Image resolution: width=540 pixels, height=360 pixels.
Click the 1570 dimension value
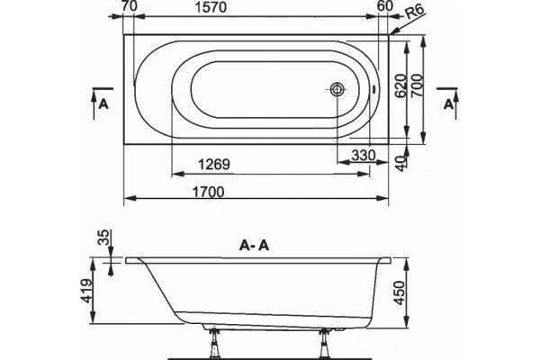pyautogui.click(x=211, y=7)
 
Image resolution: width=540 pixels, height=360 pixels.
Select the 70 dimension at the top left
pyautogui.click(x=129, y=6)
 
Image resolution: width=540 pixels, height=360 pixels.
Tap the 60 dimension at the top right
pyautogui.click(x=385, y=6)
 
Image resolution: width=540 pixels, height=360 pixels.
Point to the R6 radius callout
pyautogui.click(x=414, y=13)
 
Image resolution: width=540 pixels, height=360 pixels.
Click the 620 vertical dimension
pyautogui.click(x=400, y=85)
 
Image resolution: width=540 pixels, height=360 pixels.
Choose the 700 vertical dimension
pyautogui.click(x=417, y=85)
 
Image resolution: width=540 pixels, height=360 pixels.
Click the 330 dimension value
pyautogui.click(x=364, y=156)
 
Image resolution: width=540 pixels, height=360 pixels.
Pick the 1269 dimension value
pyautogui.click(x=213, y=165)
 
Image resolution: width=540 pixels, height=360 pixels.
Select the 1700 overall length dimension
pyautogui.click(x=208, y=192)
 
